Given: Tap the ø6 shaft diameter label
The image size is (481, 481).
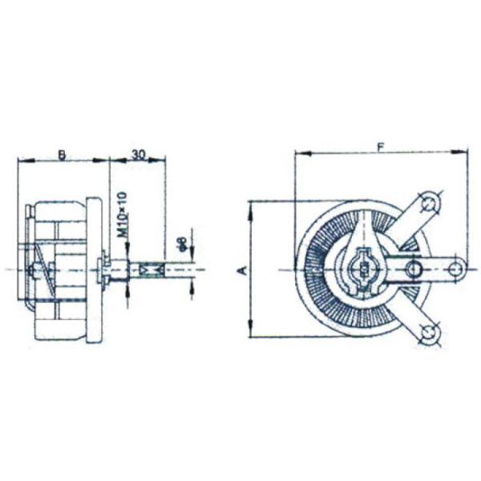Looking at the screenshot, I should [182, 245].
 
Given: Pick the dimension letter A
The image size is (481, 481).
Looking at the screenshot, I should [241, 271].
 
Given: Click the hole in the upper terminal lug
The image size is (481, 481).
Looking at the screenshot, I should [430, 204].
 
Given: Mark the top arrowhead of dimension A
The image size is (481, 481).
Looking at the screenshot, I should [251, 208].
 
